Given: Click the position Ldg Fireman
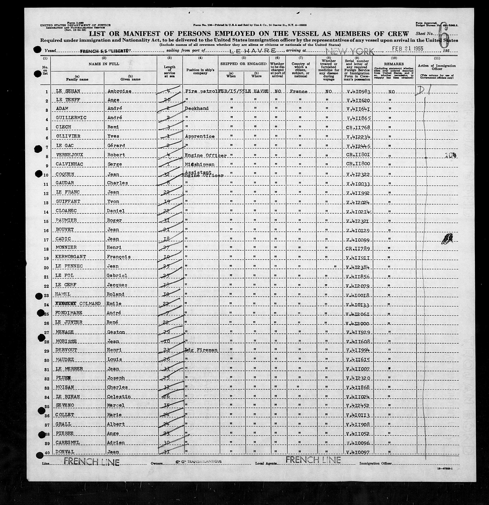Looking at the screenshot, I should coord(201,350).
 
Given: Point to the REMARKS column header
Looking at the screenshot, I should coord(394,64).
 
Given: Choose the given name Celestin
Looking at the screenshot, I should coord(119,397).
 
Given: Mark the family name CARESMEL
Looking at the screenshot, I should coord(68,443).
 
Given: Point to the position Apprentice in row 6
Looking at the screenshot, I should coord(199,136).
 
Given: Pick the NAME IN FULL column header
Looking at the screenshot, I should coord(104,64).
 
